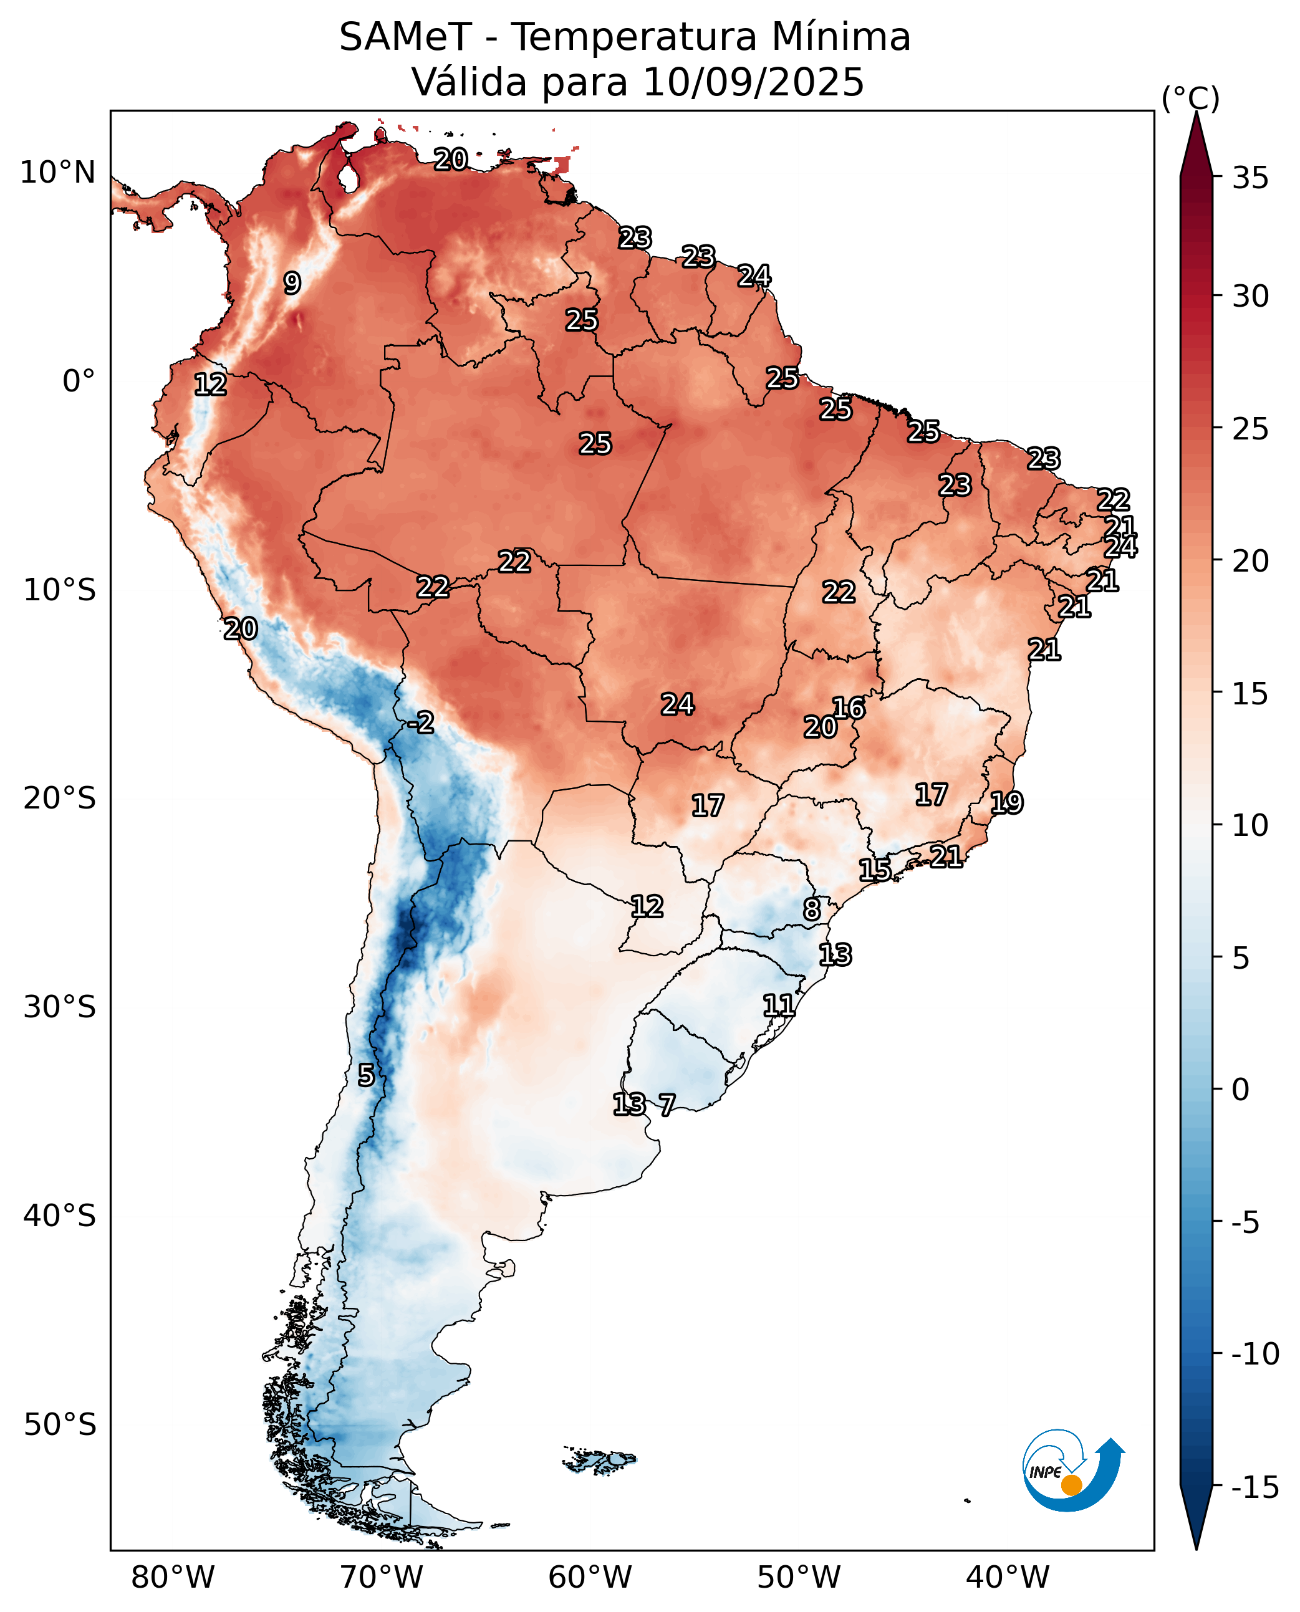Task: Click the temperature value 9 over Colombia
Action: coord(292,283)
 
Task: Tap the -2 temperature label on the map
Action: coord(421,722)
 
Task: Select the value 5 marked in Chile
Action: coord(365,1075)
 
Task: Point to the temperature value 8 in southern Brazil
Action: coord(812,909)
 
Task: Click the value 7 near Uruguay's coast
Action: coord(667,1105)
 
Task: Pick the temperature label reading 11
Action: coord(779,1005)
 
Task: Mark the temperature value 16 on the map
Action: coord(849,708)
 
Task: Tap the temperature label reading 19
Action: coord(1006,803)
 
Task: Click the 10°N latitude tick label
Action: coord(57,173)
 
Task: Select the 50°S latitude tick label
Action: coord(60,1424)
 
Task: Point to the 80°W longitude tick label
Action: coord(173,1578)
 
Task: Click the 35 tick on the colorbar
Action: coord(1251,178)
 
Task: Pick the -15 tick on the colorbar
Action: coord(1255,1488)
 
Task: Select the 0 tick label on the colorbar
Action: coord(1241,1090)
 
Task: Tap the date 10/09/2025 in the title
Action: coord(753,82)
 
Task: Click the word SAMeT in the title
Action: coord(405,37)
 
